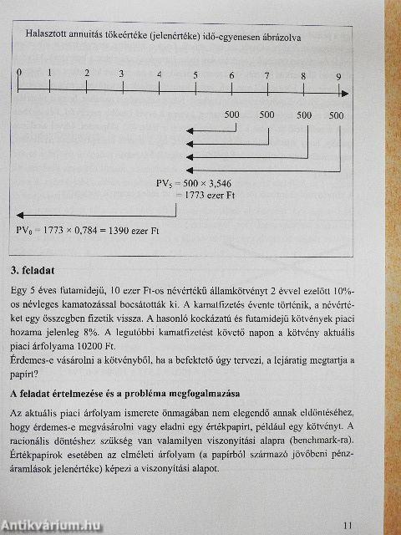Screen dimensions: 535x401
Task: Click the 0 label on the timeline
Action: click(18, 73)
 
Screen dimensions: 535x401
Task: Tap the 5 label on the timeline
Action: click(195, 75)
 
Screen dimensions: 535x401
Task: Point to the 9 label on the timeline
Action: click(338, 78)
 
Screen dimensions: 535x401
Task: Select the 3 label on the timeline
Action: click(122, 74)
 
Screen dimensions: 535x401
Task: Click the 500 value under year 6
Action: click(231, 115)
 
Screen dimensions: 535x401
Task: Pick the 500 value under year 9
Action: click(336, 115)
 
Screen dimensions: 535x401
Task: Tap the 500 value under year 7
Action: click(266, 115)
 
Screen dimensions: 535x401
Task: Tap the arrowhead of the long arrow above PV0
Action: click(19, 215)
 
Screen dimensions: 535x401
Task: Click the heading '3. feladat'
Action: click(33, 271)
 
